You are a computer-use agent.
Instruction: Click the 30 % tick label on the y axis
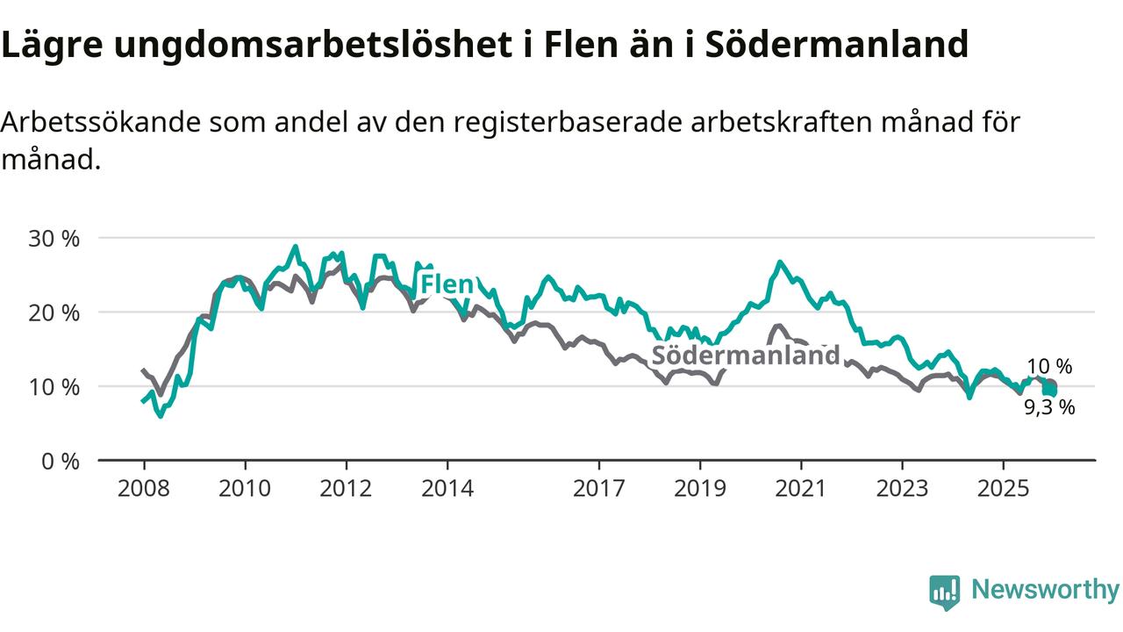point(54,239)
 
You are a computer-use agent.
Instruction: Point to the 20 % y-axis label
point(54,312)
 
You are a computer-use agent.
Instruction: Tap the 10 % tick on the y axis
point(54,387)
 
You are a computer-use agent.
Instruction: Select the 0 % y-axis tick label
point(61,461)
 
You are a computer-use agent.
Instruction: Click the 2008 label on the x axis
point(143,488)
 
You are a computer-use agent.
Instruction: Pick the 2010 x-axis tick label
point(245,488)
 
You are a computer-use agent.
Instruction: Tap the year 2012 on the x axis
point(346,488)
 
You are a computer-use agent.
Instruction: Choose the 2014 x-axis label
point(447,488)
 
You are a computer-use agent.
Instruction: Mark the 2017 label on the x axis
point(599,488)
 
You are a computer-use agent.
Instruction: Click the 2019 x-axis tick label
point(700,488)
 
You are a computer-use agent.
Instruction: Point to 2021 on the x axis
point(801,488)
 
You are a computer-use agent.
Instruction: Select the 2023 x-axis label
point(902,488)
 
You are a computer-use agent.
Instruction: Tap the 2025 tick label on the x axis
point(1004,488)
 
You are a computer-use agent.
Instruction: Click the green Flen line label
point(447,284)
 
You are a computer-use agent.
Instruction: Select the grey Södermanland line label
point(746,355)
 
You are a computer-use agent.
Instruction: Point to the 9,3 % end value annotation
point(1049,407)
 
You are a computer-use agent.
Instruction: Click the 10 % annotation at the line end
point(1049,367)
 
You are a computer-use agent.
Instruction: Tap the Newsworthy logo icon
point(945,592)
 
